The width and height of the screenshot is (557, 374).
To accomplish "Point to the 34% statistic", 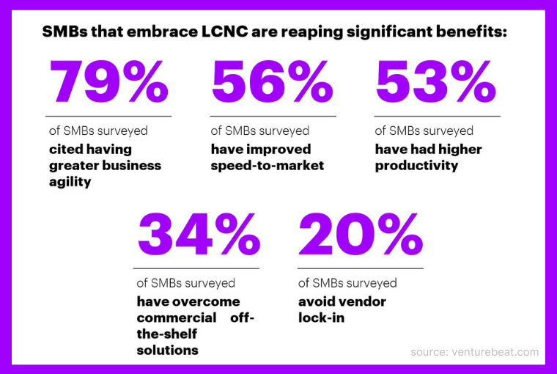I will tap(199, 233).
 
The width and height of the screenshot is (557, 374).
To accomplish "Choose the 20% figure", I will tap(361, 233).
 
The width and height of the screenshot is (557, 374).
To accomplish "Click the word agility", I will tap(70, 181).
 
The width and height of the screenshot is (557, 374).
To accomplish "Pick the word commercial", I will tap(176, 318).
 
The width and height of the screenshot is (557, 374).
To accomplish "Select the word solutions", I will tap(167, 350).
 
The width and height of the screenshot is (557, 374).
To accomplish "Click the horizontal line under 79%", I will tap(108, 116).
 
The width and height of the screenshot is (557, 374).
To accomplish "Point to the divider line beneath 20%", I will tap(361, 268).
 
